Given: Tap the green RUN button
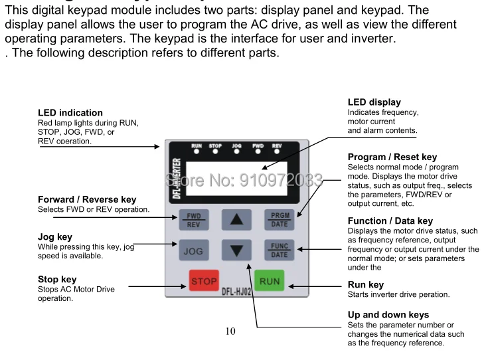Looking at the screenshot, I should [270, 282].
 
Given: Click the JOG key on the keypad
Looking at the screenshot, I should [193, 252].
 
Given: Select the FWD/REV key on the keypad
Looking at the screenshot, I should [193, 220].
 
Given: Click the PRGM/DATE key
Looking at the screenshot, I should [279, 219].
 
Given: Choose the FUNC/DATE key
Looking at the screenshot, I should [279, 250].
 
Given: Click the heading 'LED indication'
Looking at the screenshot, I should [70, 113].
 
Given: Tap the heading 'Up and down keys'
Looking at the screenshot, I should [388, 314].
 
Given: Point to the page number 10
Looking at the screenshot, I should [230, 332].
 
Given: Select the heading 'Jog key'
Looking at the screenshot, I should [55, 236].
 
